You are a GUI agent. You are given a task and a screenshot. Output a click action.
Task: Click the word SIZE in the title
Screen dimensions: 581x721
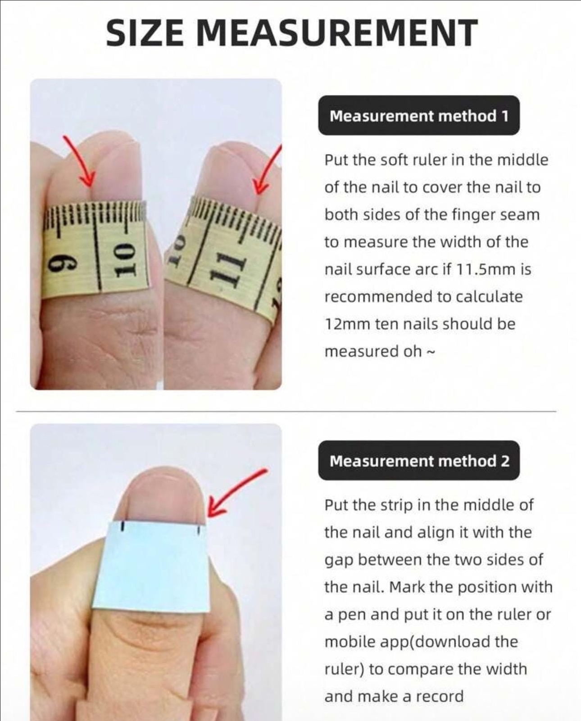point(145,32)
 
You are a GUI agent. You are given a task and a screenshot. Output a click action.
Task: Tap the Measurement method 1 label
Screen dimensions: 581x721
point(419,116)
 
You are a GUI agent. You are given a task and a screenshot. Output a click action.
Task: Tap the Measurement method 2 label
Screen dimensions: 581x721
point(419,460)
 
